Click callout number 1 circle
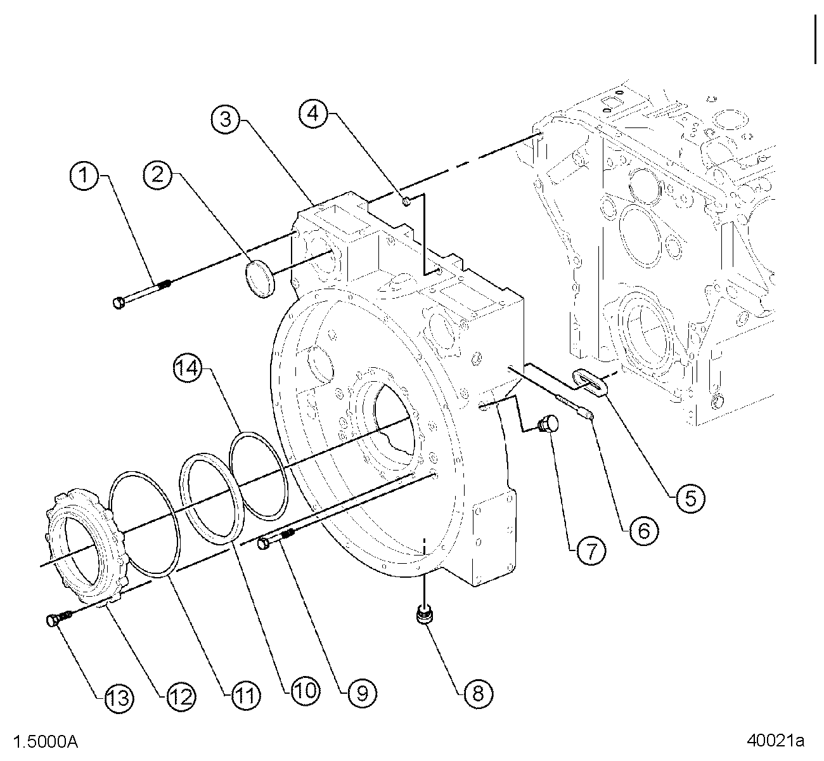(x=84, y=175)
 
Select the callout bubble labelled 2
(x=158, y=175)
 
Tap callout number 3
(x=226, y=120)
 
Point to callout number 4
(x=313, y=113)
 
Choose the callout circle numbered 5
(x=691, y=498)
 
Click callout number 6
(x=644, y=531)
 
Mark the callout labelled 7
(x=591, y=551)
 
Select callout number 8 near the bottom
(x=478, y=693)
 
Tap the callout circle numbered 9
(x=362, y=693)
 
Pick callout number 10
(x=305, y=691)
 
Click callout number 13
(x=120, y=698)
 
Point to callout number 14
(x=188, y=368)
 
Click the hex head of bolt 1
(x=119, y=302)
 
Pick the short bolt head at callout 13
(x=51, y=621)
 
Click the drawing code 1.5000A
(x=46, y=741)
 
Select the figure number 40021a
(x=775, y=740)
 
